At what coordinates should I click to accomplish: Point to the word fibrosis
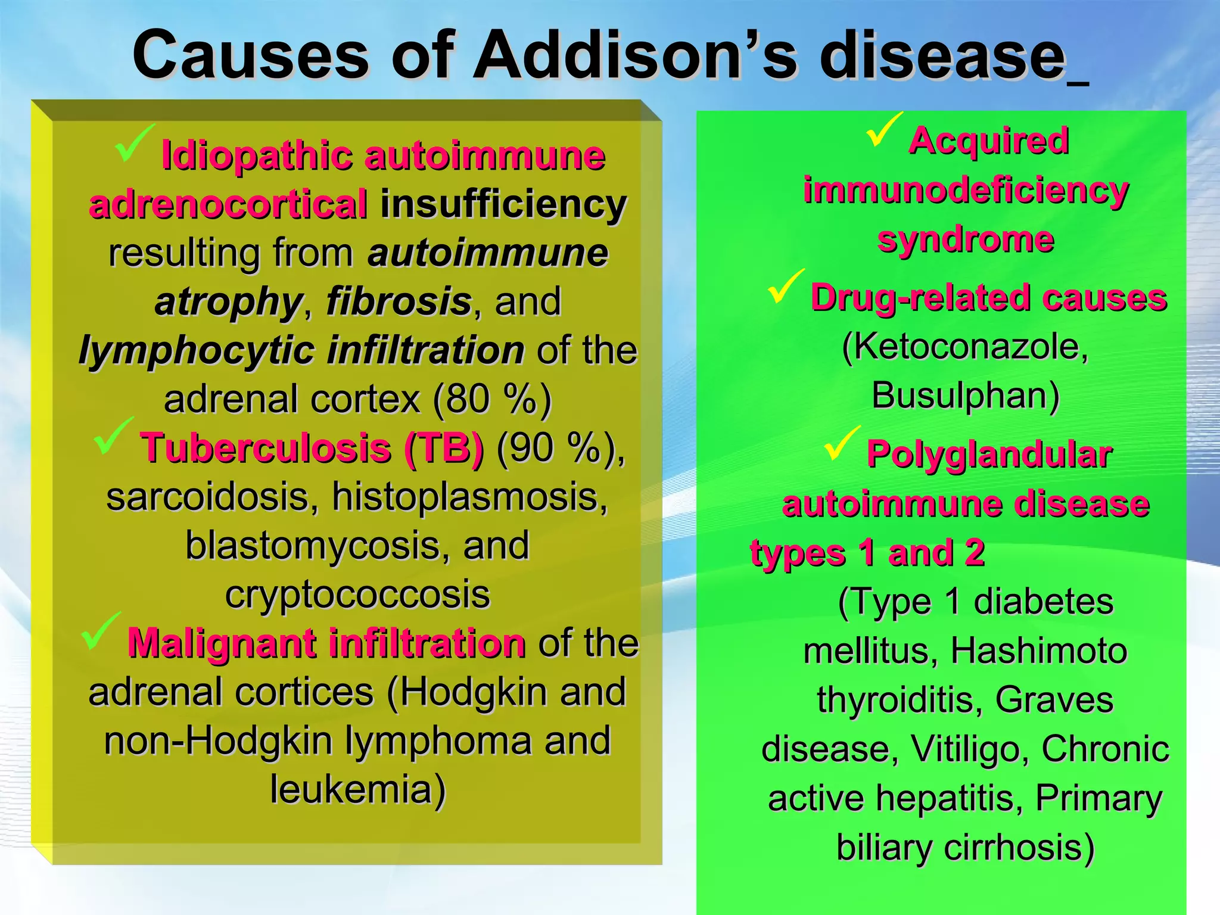tap(399, 301)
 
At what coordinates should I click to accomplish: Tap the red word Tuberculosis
tap(266, 448)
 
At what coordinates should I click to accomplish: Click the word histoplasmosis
tap(469, 497)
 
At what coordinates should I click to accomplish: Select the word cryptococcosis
tap(357, 595)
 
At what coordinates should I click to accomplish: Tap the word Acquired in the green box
tap(989, 141)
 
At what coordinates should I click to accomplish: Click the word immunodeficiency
tap(966, 191)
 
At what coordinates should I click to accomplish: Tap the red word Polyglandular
tap(989, 455)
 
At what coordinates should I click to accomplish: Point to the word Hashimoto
tap(1038, 651)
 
